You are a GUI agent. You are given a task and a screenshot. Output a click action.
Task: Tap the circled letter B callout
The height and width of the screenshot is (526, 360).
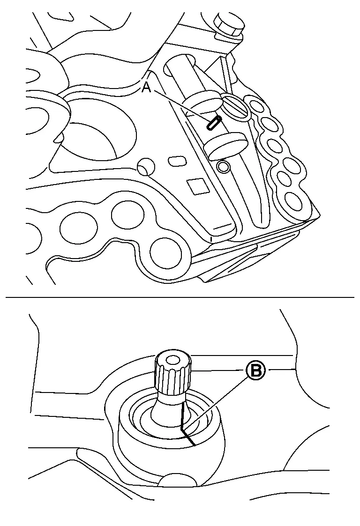pos(256,370)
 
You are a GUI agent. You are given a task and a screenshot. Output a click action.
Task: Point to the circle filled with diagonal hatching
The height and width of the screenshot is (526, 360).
pos(236,107)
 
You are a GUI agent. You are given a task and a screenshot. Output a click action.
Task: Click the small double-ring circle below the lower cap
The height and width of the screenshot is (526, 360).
pos(223,166)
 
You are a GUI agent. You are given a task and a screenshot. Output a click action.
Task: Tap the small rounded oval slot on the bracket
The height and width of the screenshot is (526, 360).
pos(177,160)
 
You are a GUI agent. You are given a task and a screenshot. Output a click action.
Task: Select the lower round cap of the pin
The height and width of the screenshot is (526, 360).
pos(225,145)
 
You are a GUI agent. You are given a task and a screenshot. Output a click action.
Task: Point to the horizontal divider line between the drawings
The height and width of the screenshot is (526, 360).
pos(180,297)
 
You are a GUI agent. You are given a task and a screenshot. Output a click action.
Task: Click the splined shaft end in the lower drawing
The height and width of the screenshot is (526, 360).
pos(173,373)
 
